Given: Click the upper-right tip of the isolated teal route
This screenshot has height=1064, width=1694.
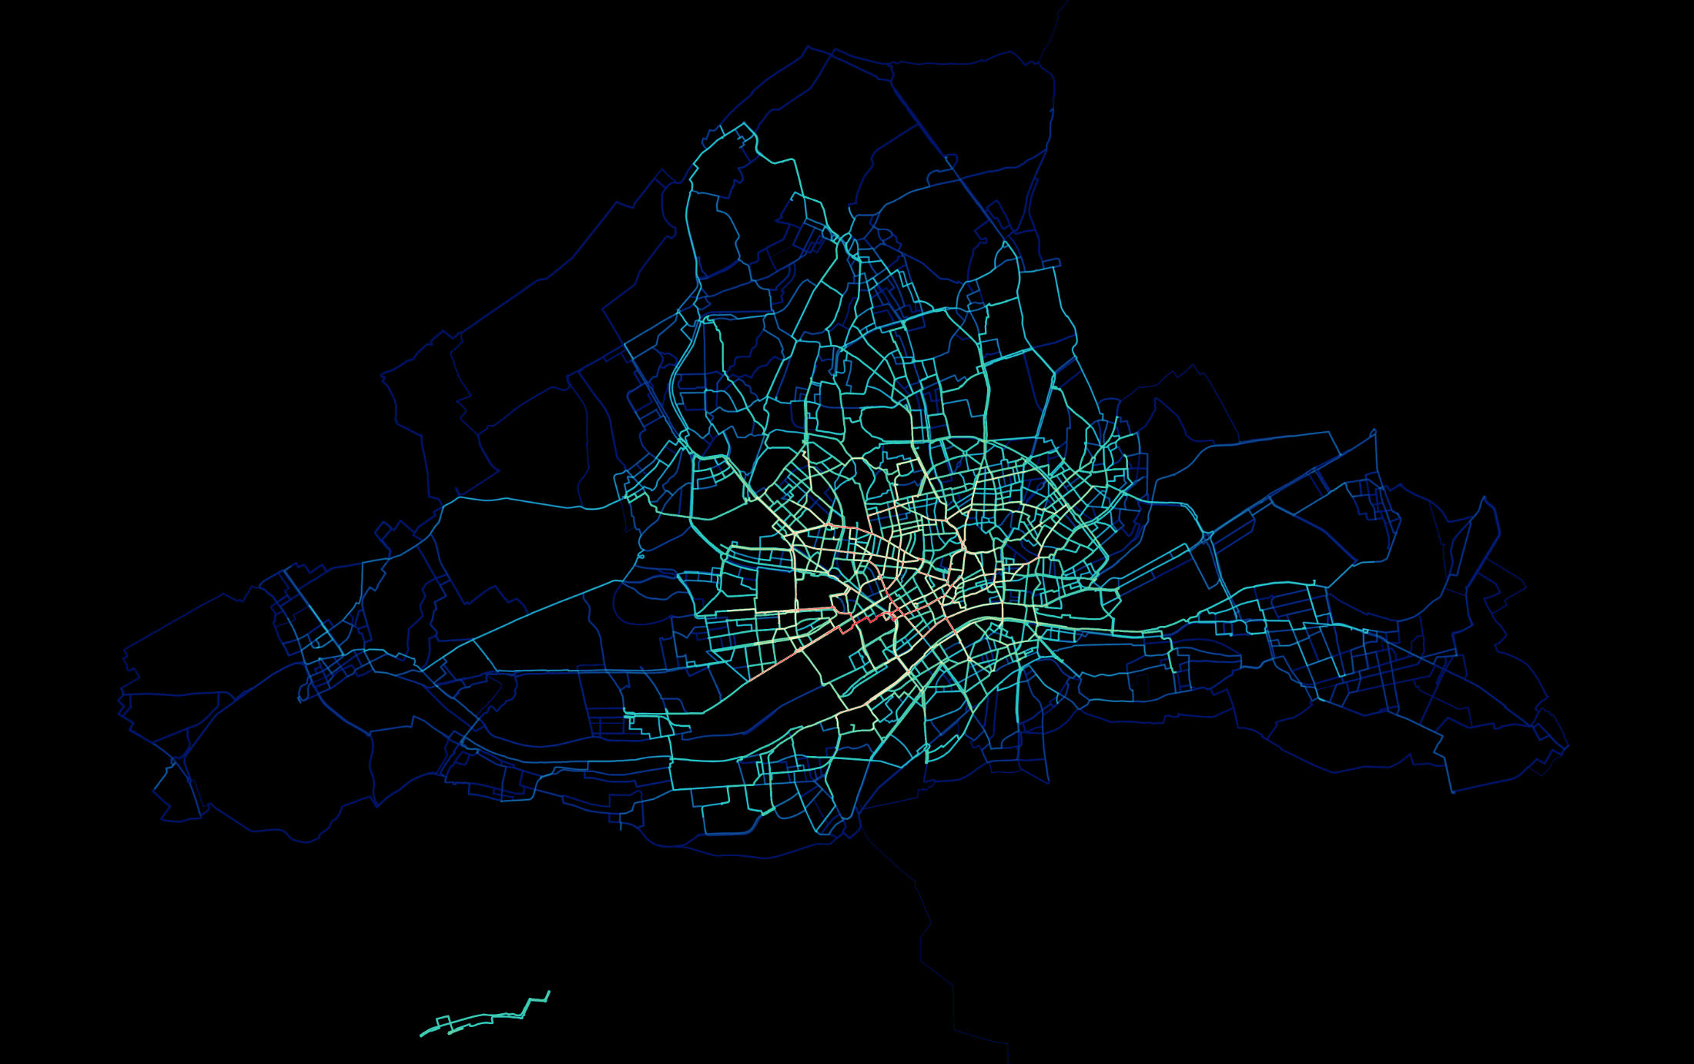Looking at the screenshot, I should pyautogui.click(x=549, y=992).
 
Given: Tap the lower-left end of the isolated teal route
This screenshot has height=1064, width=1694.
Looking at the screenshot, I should pyautogui.click(x=421, y=1036).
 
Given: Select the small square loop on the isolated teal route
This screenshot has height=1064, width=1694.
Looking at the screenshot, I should pyautogui.click(x=443, y=1022).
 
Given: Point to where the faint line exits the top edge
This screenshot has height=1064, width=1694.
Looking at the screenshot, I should pyautogui.click(x=1068, y=2).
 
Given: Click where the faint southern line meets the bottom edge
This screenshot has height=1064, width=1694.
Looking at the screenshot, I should pyautogui.click(x=1008, y=1062).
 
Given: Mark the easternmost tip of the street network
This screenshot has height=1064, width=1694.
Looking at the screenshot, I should pyautogui.click(x=1568, y=745).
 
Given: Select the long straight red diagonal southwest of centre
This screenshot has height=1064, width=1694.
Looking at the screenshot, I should pyautogui.click(x=778, y=663).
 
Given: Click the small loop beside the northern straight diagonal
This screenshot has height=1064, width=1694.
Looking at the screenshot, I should pyautogui.click(x=952, y=159).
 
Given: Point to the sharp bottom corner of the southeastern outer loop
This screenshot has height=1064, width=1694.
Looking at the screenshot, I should pyautogui.click(x=1453, y=792).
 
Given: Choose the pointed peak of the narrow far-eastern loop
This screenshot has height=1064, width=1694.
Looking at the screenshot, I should pyautogui.click(x=1484, y=497).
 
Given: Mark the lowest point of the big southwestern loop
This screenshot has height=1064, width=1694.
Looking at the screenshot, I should pyautogui.click(x=304, y=841).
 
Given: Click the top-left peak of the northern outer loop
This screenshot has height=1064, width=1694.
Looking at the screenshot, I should pyautogui.click(x=808, y=46).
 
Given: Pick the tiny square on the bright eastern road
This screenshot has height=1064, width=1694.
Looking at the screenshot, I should pyautogui.click(x=1365, y=631).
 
